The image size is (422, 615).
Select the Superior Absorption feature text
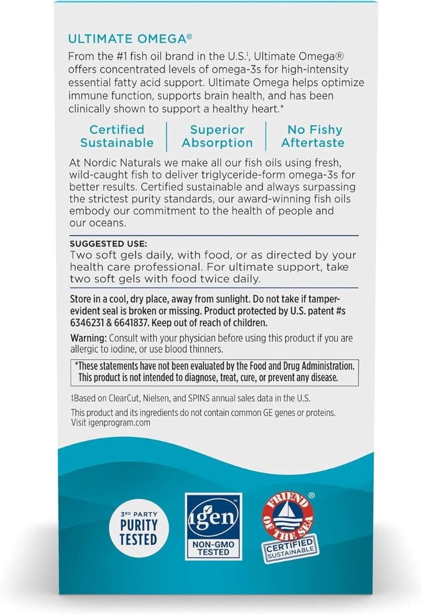pyautogui.click(x=217, y=136)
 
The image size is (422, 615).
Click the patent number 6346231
pyautogui.click(x=87, y=323)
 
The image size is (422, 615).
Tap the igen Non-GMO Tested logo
pyautogui.click(x=213, y=526)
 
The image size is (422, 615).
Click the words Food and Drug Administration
pyautogui.click(x=303, y=366)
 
